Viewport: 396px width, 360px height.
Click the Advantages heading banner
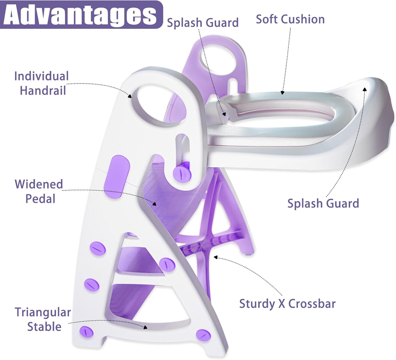click(81, 15)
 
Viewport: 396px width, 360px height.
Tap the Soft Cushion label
click(290, 20)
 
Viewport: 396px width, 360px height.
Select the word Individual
click(41, 76)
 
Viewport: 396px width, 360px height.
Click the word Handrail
click(43, 91)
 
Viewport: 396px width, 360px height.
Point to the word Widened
click(39, 184)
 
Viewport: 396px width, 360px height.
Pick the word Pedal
click(40, 199)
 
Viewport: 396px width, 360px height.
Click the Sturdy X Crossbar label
click(287, 304)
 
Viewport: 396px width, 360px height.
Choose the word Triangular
click(43, 312)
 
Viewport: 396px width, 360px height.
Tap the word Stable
click(44, 327)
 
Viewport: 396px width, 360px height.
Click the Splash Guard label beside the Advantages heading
click(203, 23)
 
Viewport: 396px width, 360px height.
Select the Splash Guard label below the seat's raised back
click(323, 203)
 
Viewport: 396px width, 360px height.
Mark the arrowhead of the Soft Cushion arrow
click(282, 93)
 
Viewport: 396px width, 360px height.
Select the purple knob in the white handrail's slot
click(182, 172)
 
